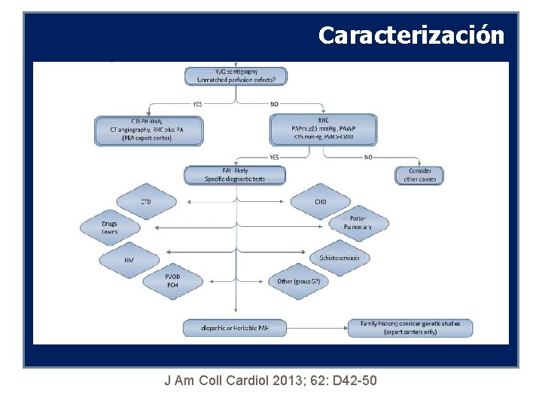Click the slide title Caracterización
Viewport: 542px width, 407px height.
click(411, 35)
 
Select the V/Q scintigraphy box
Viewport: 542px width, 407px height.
click(236, 75)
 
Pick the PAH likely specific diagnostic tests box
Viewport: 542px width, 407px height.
click(235, 176)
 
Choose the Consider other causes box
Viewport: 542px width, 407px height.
click(419, 175)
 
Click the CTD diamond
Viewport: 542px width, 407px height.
click(146, 202)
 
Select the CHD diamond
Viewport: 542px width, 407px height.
click(321, 202)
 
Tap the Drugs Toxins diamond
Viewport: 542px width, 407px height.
click(110, 228)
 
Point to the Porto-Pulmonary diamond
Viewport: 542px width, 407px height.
click(358, 223)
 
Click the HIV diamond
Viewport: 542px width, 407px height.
click(129, 259)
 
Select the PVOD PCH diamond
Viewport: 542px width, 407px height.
click(172, 281)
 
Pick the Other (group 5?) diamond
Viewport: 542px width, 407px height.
click(299, 281)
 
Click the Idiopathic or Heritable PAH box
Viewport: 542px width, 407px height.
click(235, 328)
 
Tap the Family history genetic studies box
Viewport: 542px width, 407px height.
click(410, 328)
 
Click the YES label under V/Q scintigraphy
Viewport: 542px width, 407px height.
click(197, 104)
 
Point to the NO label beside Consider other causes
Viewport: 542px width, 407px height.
click(367, 157)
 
